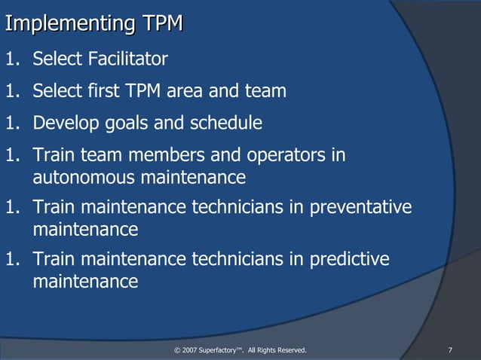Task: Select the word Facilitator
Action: (125, 59)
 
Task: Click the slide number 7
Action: (450, 349)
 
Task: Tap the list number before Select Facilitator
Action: (14, 59)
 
